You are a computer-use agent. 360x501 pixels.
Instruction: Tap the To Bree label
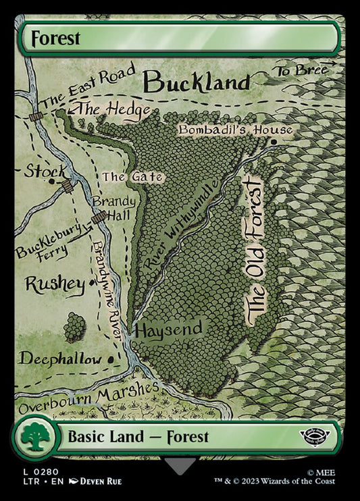tap(301, 70)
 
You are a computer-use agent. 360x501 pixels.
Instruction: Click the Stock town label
tap(45, 171)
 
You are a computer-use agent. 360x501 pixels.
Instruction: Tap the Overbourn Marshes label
tap(88, 399)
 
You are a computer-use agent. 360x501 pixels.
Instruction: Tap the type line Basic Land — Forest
tap(138, 437)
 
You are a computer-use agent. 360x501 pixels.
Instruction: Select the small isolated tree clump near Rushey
tap(75, 327)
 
